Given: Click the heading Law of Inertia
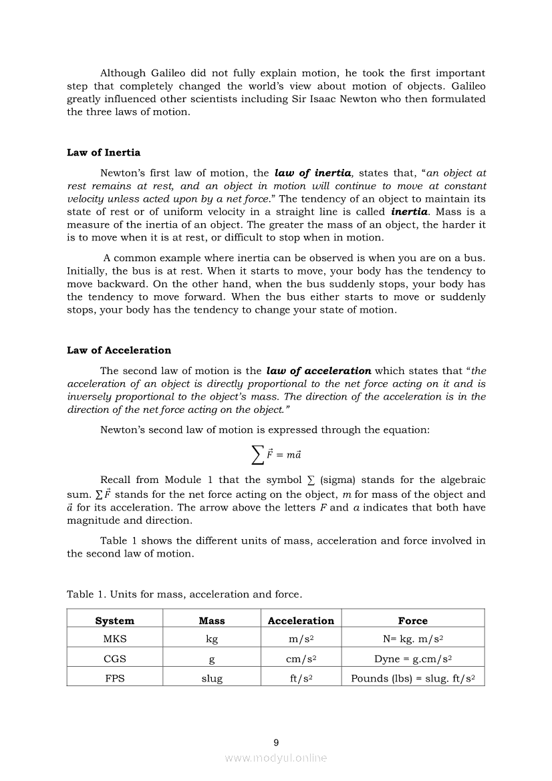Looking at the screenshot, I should (104, 152).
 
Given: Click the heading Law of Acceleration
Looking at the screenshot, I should (118, 350).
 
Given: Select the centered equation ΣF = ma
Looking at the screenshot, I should (275, 454).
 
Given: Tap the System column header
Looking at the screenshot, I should (114, 621).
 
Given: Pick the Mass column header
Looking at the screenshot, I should (212, 621).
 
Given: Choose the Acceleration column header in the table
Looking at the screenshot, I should (301, 621).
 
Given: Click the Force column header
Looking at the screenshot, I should (412, 621).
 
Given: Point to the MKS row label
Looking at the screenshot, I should (114, 639).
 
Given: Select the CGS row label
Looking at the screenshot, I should (114, 659).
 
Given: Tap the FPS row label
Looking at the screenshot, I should (114, 678).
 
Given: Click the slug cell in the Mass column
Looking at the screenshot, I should (212, 678).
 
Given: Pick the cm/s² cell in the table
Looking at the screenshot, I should (301, 659).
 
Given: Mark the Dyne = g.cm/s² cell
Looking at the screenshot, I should (413, 659).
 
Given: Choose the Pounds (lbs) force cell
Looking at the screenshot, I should (413, 678).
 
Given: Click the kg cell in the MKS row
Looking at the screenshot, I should (212, 639).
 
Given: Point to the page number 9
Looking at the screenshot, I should (276, 742).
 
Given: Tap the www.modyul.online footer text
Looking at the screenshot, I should (276, 758).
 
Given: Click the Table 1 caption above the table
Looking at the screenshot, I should (184, 594).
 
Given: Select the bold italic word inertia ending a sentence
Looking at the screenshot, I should (409, 212).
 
